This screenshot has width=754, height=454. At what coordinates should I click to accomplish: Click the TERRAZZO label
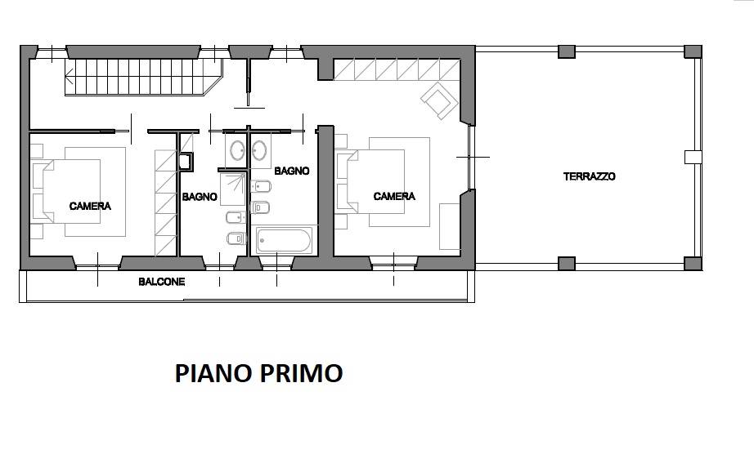589,176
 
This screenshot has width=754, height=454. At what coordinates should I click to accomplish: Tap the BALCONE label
161,282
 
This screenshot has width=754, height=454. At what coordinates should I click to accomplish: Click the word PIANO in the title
212,374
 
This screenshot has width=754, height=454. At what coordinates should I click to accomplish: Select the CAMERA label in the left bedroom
90,207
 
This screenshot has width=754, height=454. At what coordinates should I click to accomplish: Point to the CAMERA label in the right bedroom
394,197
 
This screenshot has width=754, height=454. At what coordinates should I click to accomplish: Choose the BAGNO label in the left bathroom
199,197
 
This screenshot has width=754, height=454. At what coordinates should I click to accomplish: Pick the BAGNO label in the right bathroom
291,171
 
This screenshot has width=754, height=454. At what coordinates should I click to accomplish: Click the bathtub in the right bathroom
283,240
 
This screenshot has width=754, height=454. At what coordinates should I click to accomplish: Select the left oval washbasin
237,149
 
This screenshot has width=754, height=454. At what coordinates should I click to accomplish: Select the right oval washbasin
262,149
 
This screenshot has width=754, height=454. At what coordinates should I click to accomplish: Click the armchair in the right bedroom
440,102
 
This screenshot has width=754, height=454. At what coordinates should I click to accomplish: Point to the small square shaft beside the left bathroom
186,161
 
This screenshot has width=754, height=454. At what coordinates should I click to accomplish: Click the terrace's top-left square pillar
567,51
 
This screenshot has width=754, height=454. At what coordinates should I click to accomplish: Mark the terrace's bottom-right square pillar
693,263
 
